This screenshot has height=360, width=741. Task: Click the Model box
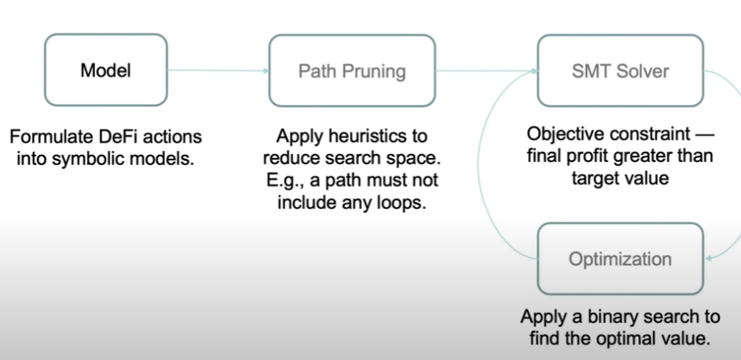coord(105,71)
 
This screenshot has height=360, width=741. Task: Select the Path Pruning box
coord(352,72)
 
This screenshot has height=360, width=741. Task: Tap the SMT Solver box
coord(620,72)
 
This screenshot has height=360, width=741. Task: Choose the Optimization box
coord(620,259)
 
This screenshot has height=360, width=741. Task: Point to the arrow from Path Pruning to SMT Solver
coord(486,72)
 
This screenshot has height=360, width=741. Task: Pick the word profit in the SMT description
coord(586,156)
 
